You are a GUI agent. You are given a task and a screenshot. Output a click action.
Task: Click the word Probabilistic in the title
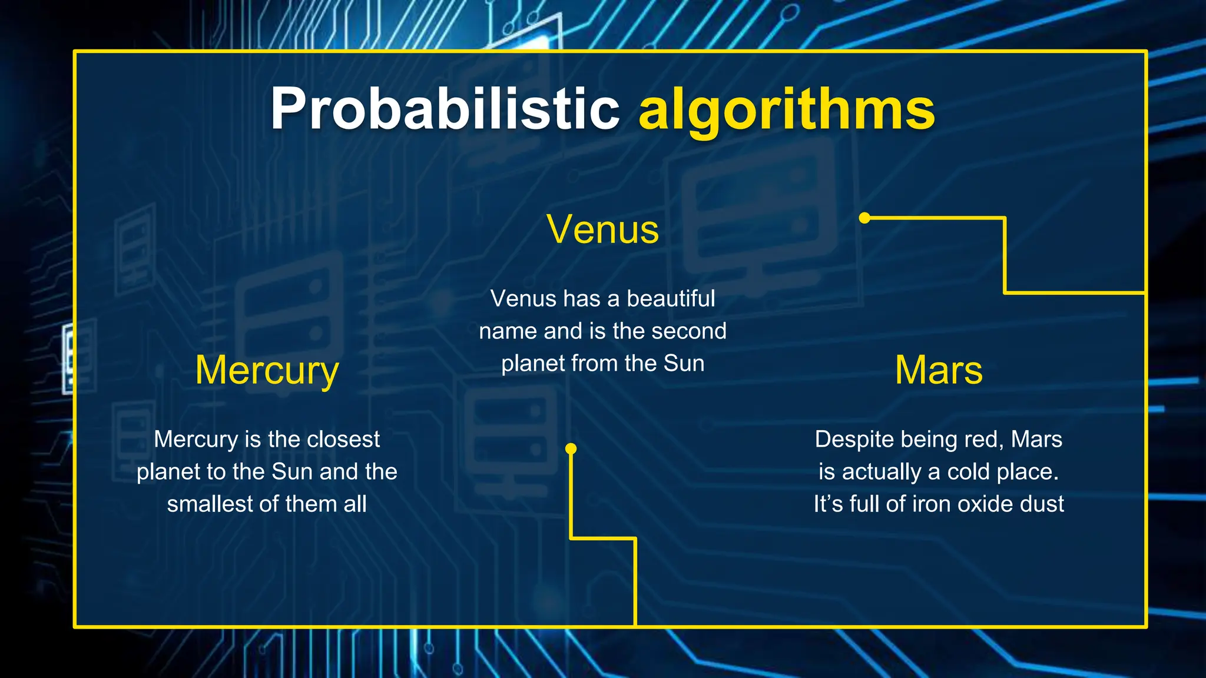pyautogui.click(x=445, y=109)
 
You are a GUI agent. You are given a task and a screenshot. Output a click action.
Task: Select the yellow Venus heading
pyautogui.click(x=602, y=229)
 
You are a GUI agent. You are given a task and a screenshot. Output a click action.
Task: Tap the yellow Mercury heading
pyautogui.click(x=267, y=371)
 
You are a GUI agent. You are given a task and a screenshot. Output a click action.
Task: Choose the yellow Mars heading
pyautogui.click(x=939, y=370)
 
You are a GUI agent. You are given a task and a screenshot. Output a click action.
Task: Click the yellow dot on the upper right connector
pyautogui.click(x=864, y=218)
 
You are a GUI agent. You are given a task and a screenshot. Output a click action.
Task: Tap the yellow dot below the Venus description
pyautogui.click(x=571, y=449)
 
